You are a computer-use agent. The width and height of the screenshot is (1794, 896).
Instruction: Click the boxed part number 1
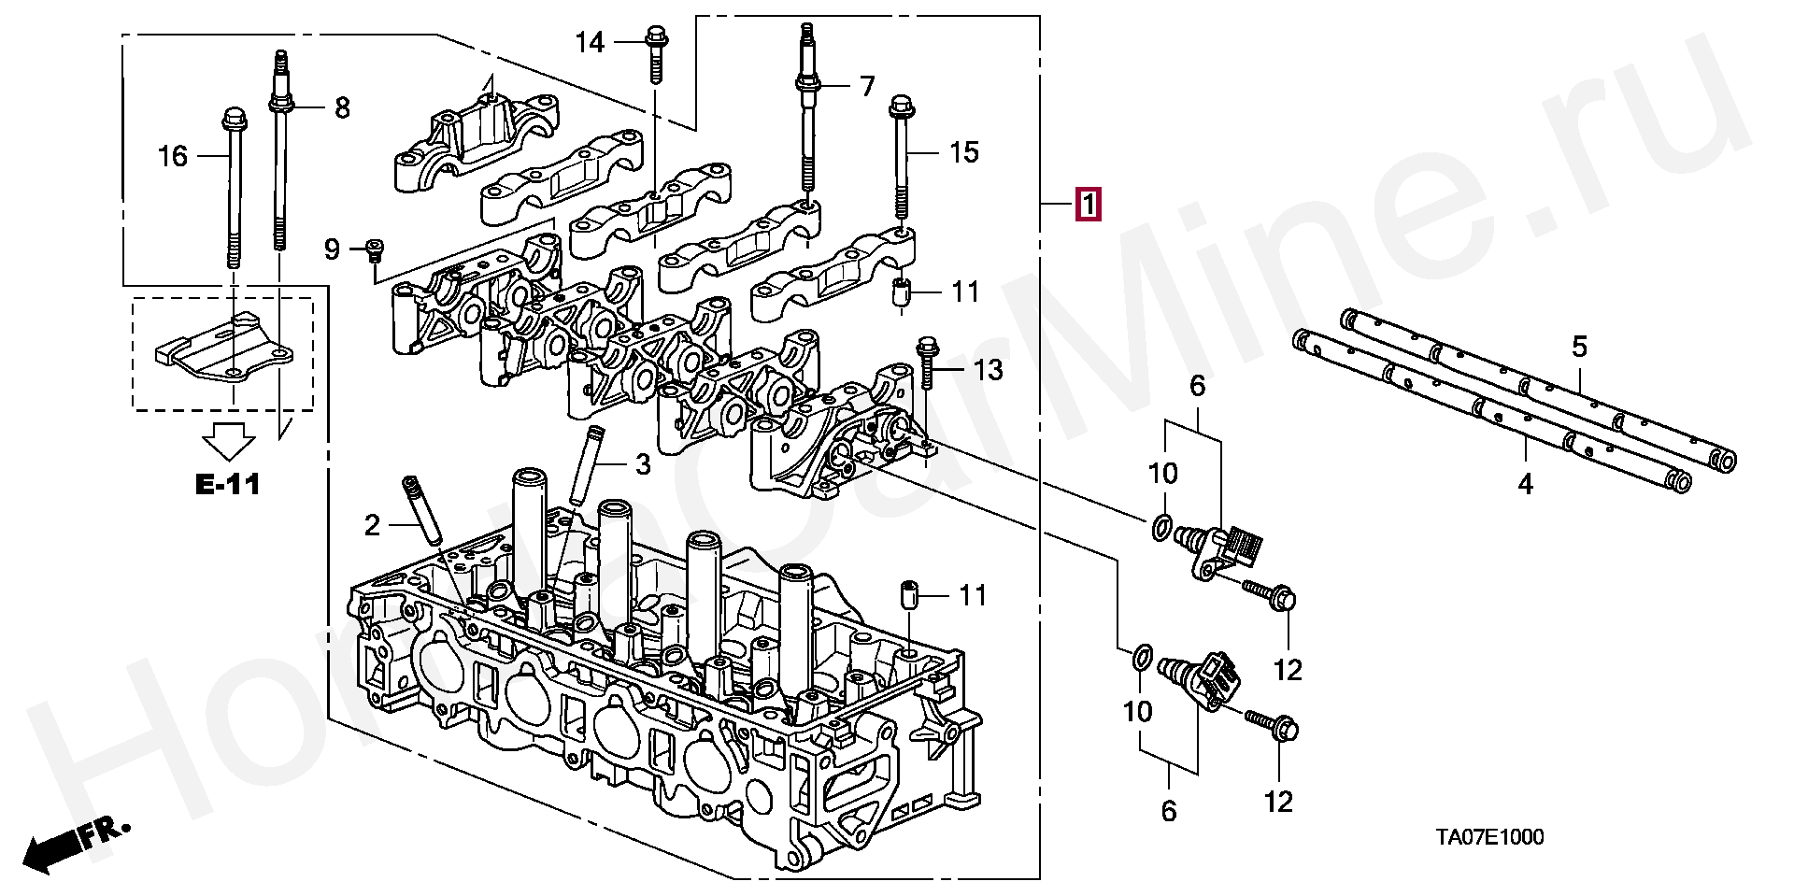[1089, 204]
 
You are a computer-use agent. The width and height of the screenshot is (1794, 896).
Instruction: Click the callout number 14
[590, 42]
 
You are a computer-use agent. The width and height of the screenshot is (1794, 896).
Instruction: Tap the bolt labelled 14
[656, 54]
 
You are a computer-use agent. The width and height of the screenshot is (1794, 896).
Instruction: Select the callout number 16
[173, 156]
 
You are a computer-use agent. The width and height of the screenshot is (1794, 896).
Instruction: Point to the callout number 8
[342, 108]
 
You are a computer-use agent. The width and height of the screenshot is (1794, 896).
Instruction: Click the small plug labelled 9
[375, 249]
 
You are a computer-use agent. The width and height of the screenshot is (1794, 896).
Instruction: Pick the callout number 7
[867, 87]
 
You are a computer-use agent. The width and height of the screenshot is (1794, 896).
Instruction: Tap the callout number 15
[963, 152]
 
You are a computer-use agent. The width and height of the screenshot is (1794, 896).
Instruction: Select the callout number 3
[643, 464]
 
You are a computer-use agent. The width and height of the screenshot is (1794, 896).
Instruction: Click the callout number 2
[372, 526]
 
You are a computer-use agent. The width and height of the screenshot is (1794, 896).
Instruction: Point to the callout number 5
[1579, 347]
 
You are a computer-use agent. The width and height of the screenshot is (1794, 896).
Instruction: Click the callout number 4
[1525, 484]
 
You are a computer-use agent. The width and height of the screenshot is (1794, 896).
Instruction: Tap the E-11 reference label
[228, 484]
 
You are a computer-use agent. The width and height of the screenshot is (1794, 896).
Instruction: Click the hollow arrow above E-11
[229, 441]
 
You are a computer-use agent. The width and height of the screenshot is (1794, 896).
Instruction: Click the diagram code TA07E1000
[1489, 837]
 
